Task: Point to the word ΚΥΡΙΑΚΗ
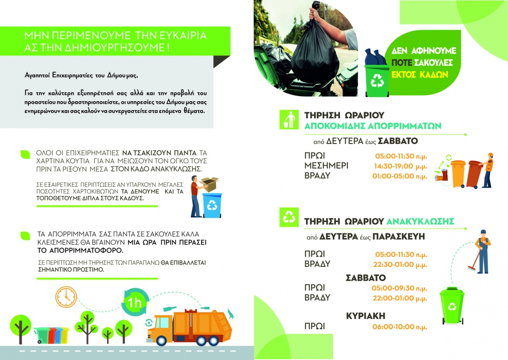click(365, 316)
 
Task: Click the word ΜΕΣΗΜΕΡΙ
click(326, 166)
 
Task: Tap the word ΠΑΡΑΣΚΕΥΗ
click(399, 237)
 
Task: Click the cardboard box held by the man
click(209, 184)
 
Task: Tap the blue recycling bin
click(212, 205)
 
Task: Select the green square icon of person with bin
click(289, 120)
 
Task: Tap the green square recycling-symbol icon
click(289, 217)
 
